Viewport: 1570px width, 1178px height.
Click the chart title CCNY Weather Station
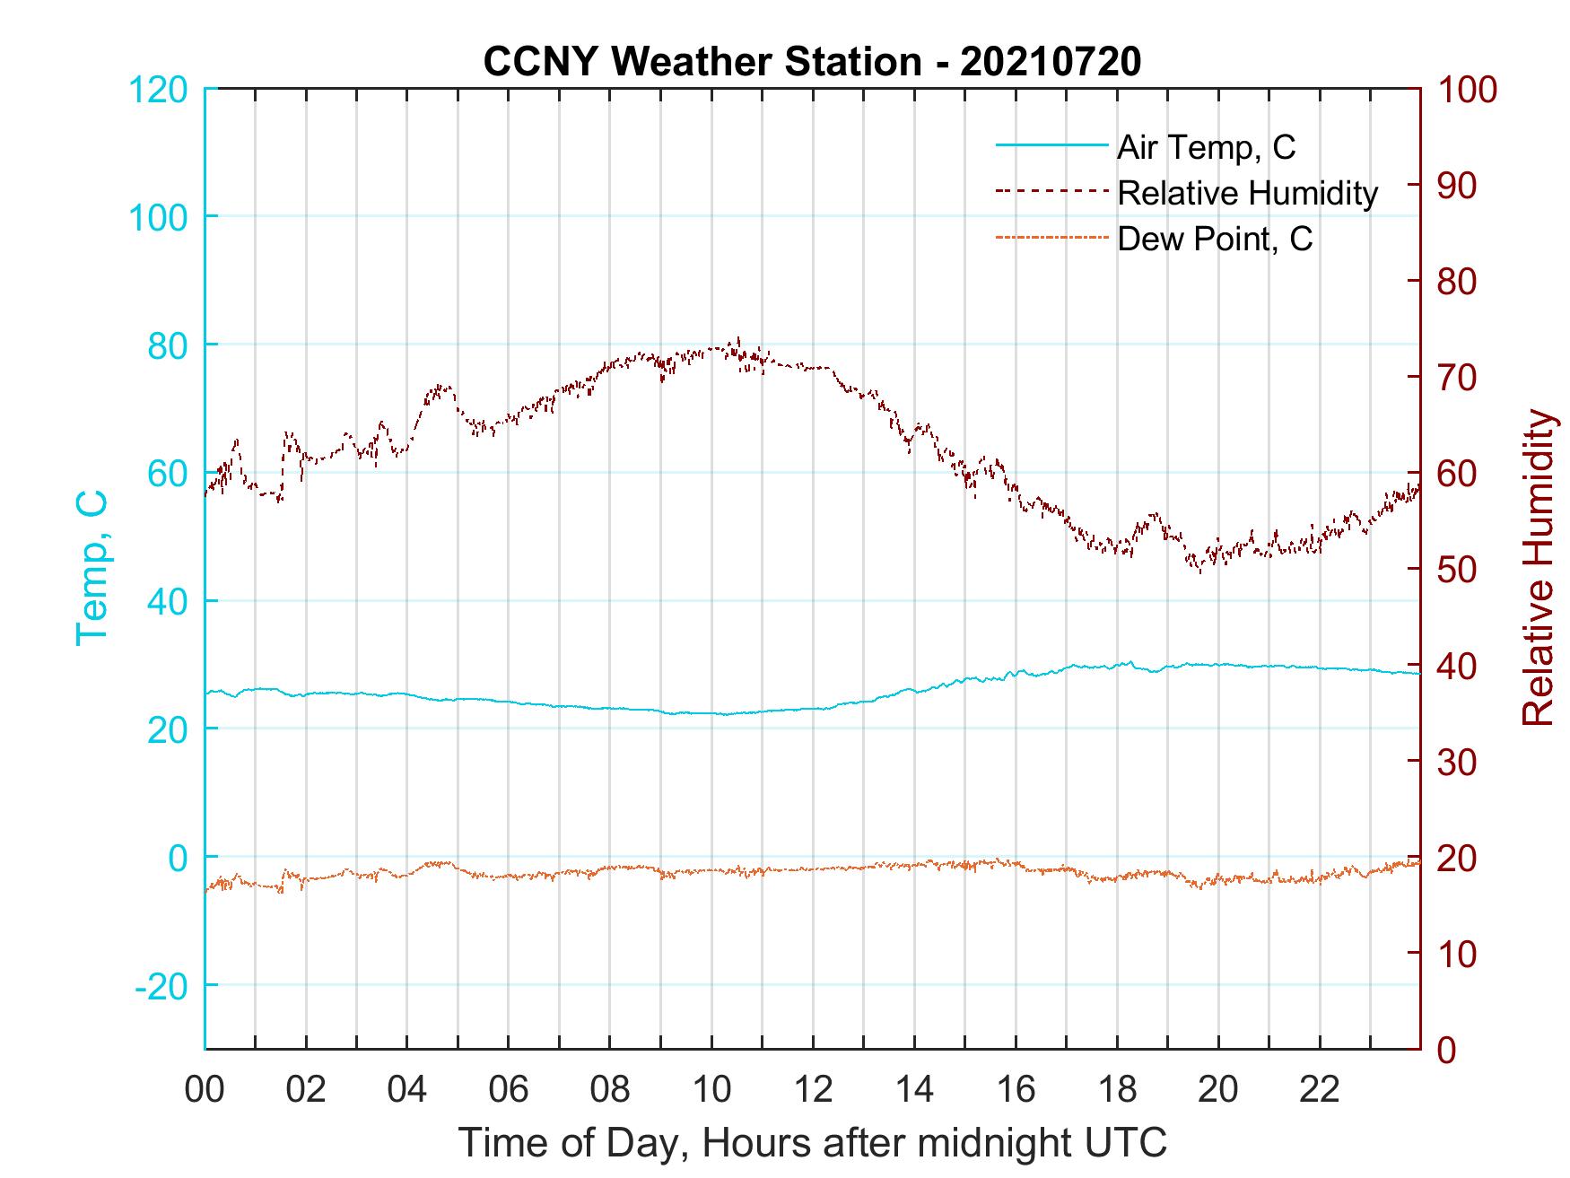(812, 62)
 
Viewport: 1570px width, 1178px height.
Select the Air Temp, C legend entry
(1206, 147)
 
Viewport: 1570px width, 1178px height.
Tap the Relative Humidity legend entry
(1247, 193)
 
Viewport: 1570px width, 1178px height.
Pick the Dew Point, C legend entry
(1215, 239)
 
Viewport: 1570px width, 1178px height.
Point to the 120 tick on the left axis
(159, 90)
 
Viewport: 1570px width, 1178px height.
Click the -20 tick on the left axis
(161, 986)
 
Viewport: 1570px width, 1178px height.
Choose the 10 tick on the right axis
(1457, 954)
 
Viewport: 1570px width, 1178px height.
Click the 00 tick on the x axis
(205, 1090)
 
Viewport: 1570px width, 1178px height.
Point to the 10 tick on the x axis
(711, 1090)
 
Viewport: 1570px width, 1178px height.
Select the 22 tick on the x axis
(1320, 1090)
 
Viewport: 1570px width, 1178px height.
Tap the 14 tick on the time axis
(914, 1090)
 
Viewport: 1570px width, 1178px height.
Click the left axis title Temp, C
(92, 568)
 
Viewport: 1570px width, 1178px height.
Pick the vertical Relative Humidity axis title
(1538, 568)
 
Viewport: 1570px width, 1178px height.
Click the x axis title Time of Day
(812, 1143)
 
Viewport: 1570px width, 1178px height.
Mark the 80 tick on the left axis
(168, 345)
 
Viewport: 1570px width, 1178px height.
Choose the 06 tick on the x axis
(509, 1090)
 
